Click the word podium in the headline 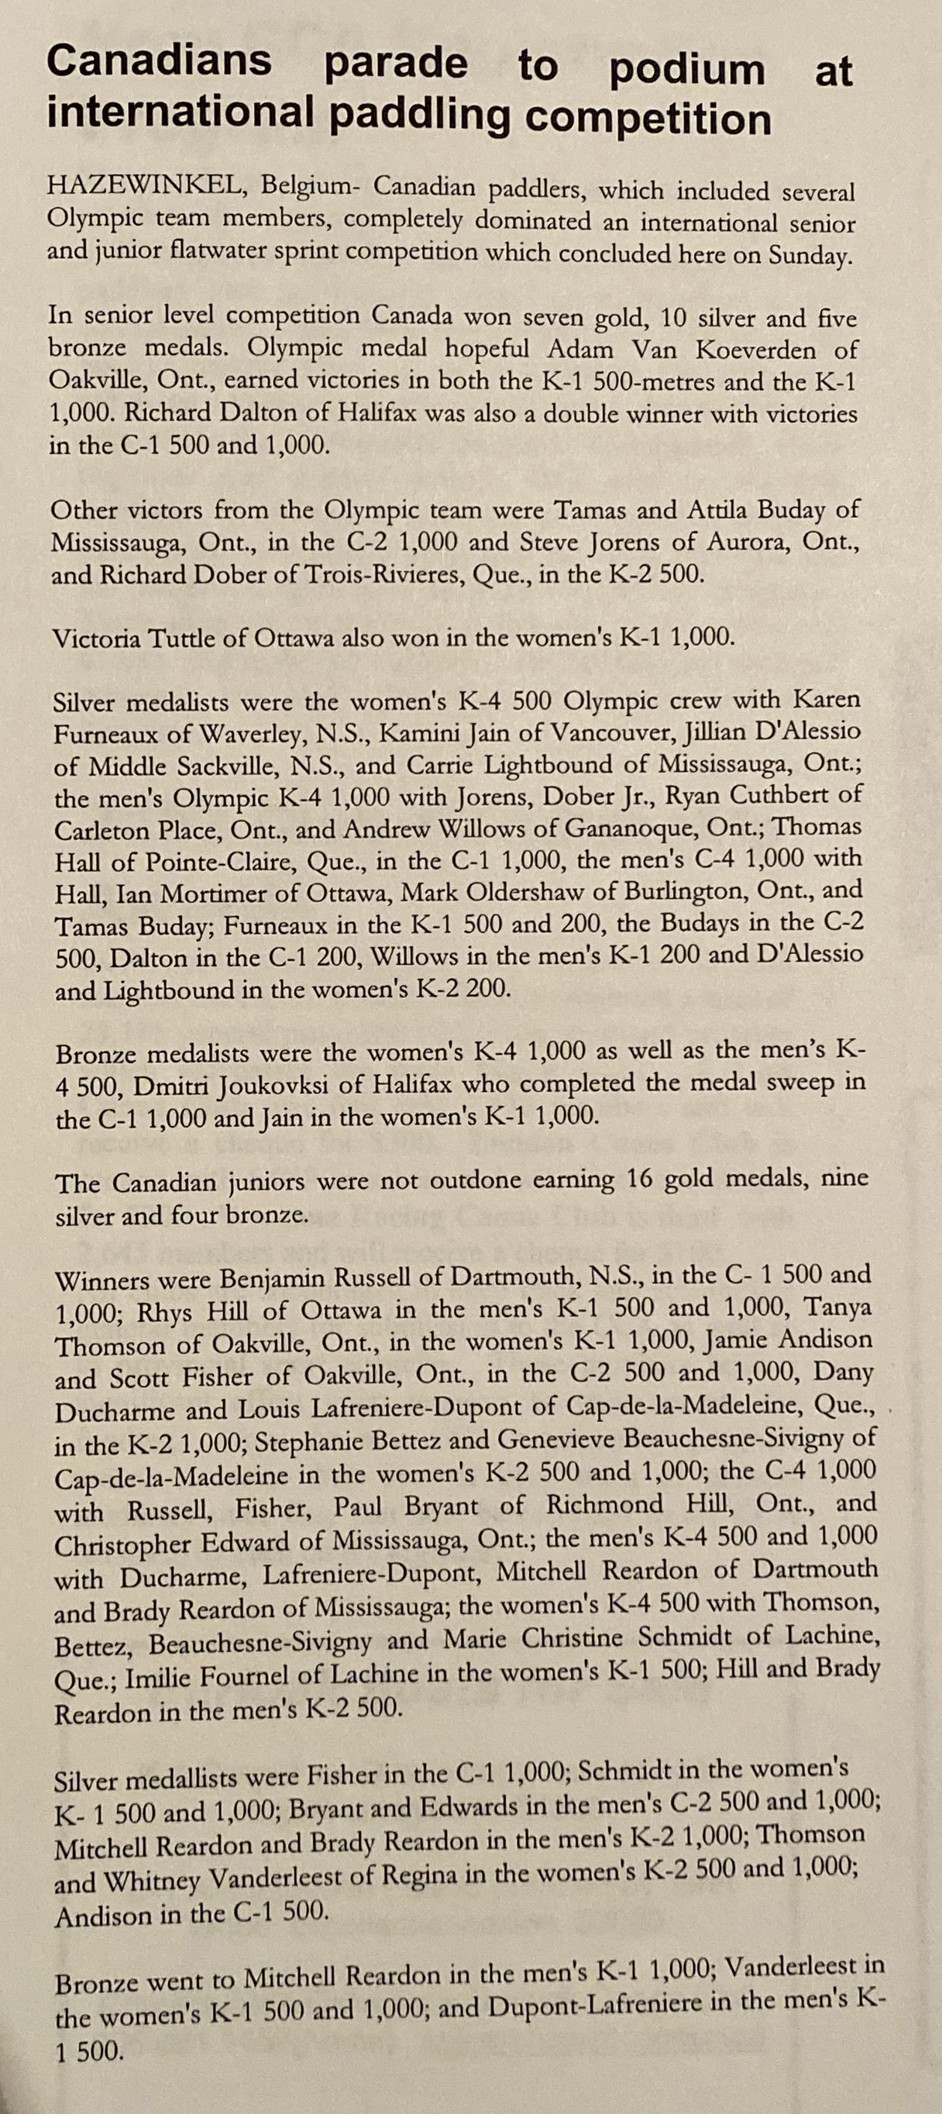point(687,71)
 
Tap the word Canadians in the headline point(158,62)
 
